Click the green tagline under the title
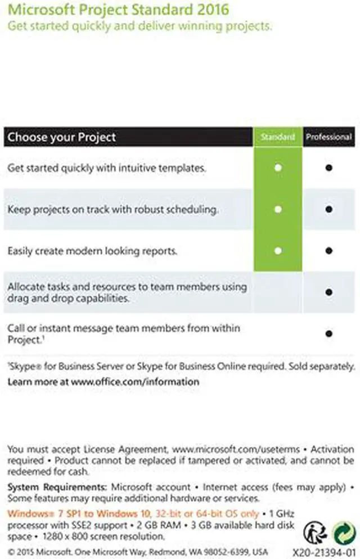click(x=139, y=26)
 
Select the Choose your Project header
click(x=62, y=137)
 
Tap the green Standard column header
click(x=278, y=137)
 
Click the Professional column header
click(x=329, y=137)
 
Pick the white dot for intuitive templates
click(x=278, y=168)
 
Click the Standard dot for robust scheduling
click(x=278, y=209)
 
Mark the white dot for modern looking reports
click(x=278, y=251)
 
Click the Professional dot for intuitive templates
click(x=328, y=168)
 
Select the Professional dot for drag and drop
click(x=328, y=292)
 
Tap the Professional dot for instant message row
click(x=328, y=333)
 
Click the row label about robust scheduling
click(x=112, y=209)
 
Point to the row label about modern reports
click(x=93, y=251)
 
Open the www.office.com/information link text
click(x=135, y=381)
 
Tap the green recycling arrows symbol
click(x=343, y=531)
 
